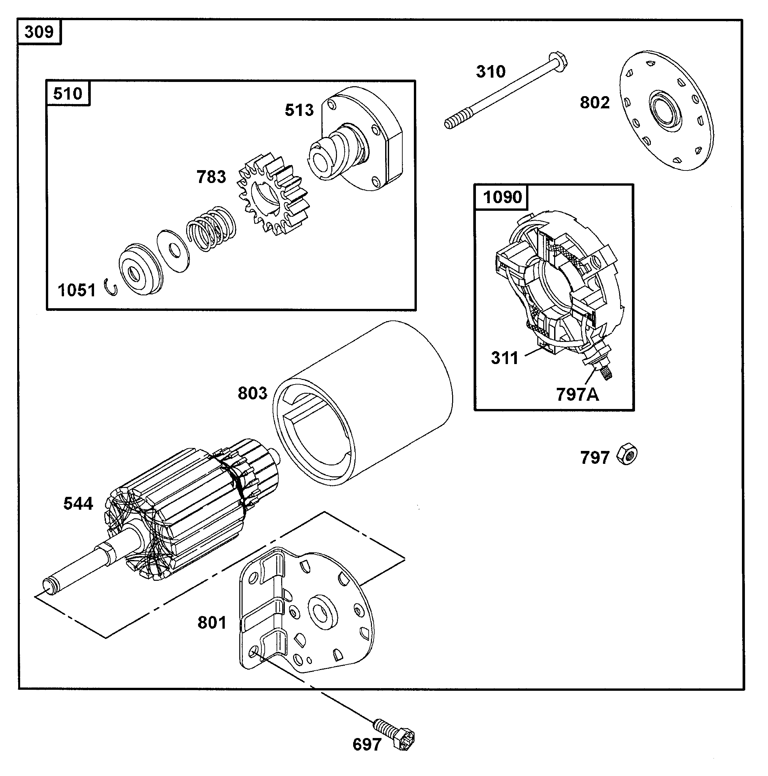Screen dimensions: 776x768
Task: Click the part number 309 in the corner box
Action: [x=39, y=32]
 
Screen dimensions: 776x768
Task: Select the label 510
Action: [x=67, y=93]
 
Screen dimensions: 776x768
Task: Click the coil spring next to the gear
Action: [x=211, y=229]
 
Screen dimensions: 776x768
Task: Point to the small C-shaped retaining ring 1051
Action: [x=111, y=288]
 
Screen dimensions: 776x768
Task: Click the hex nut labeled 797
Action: [x=627, y=455]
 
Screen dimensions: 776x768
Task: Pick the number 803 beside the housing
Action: [x=252, y=393]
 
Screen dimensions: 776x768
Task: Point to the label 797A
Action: [x=577, y=394]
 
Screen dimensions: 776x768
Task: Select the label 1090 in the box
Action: [x=502, y=197]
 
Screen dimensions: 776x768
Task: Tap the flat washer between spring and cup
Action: [x=173, y=251]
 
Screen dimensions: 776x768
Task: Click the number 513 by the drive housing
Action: [x=299, y=110]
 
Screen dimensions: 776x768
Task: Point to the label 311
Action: [x=504, y=358]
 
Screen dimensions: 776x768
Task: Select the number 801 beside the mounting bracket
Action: [x=212, y=623]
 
